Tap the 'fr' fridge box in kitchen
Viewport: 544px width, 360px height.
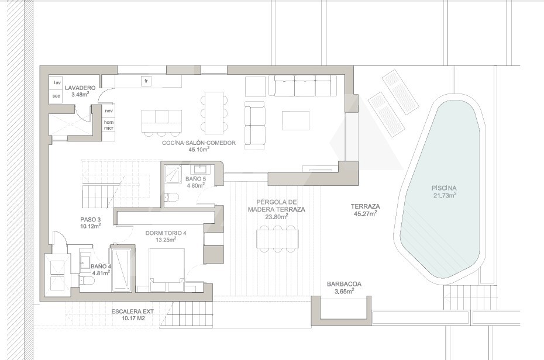[146, 81]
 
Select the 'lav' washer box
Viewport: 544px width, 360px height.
[57, 82]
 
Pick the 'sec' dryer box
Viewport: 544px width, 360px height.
[57, 96]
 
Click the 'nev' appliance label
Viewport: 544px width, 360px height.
[109, 110]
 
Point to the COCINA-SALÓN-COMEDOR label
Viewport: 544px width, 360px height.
[199, 143]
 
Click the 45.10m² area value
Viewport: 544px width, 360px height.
[199, 150]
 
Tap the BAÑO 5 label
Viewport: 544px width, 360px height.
[196, 179]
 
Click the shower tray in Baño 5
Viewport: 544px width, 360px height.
[173, 173]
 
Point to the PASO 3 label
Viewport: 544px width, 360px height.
[90, 219]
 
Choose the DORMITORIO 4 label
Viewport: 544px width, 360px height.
[166, 233]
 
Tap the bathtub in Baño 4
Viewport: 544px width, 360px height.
[122, 269]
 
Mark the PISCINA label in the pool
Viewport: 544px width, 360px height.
[444, 188]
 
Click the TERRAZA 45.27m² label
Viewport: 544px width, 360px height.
[366, 210]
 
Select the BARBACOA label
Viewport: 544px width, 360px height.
[344, 284]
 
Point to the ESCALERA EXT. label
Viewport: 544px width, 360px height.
[133, 311]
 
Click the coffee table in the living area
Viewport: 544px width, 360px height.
[295, 120]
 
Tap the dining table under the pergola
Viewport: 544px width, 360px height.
[277, 238]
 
